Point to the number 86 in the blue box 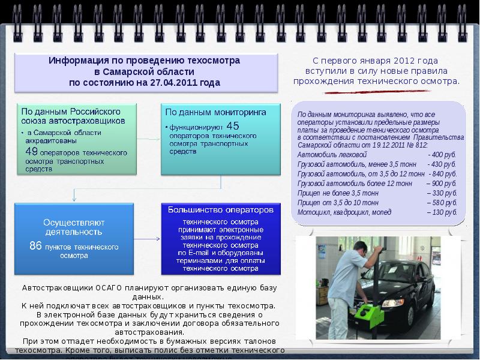point(36,245)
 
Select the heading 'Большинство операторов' point(221,210)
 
